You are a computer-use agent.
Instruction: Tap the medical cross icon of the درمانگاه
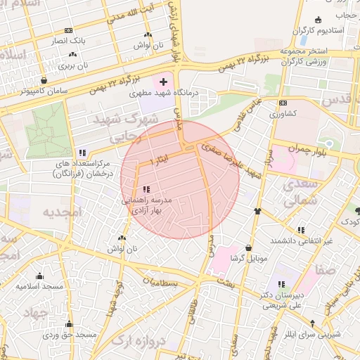click(x=164, y=82)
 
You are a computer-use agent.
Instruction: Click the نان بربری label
click(x=74, y=66)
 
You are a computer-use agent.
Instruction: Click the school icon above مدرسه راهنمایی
click(x=146, y=189)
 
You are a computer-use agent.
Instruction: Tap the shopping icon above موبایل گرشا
click(x=250, y=247)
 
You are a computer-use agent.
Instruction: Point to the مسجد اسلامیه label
click(x=41, y=287)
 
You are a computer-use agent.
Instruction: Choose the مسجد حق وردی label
click(x=69, y=336)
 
